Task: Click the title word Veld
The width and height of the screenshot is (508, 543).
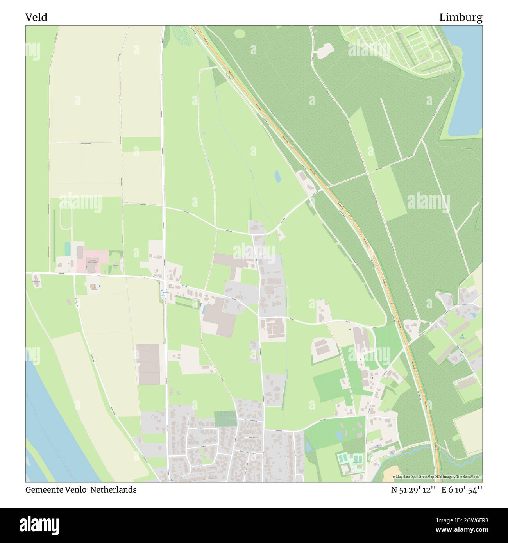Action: click(36, 18)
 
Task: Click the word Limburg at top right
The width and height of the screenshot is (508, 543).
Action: click(460, 18)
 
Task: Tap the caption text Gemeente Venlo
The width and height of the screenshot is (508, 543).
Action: click(56, 489)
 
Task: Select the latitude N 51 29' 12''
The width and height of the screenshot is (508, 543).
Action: click(413, 490)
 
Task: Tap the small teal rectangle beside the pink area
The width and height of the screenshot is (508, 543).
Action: click(68, 249)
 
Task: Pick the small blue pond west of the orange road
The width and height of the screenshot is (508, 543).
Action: click(277, 177)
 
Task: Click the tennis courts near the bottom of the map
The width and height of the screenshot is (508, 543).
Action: click(350, 459)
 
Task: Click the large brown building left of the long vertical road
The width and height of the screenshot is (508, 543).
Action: click(148, 364)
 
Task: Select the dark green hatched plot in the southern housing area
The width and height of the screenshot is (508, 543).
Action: click(225, 419)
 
